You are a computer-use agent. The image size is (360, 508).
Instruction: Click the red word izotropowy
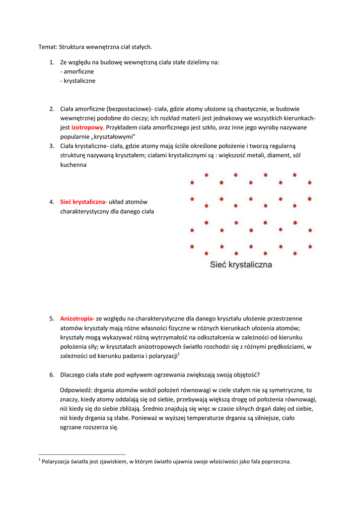tap(87, 127)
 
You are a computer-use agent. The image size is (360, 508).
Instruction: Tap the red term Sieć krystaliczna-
tap(82, 202)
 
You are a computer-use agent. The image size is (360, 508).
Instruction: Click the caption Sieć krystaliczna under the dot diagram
tap(239, 265)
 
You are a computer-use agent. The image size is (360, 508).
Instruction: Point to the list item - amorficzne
tap(77, 71)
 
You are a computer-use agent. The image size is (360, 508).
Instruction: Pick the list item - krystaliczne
tap(77, 81)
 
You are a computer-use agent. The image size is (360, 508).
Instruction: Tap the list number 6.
tap(52, 375)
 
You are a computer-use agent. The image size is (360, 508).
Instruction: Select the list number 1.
tap(52, 63)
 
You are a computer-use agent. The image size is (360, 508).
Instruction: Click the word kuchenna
tap(73, 165)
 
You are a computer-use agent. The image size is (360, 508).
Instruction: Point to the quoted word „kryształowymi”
tap(112, 137)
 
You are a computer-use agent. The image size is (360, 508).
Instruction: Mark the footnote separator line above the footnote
tap(82, 454)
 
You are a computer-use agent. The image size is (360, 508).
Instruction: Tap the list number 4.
tap(52, 202)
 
